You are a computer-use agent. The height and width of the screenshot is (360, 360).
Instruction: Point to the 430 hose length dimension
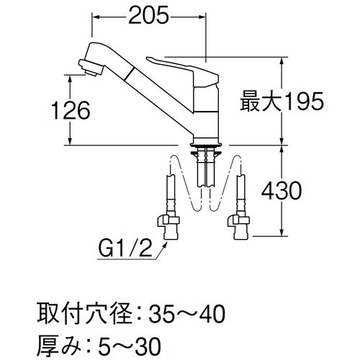[x=277, y=192]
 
